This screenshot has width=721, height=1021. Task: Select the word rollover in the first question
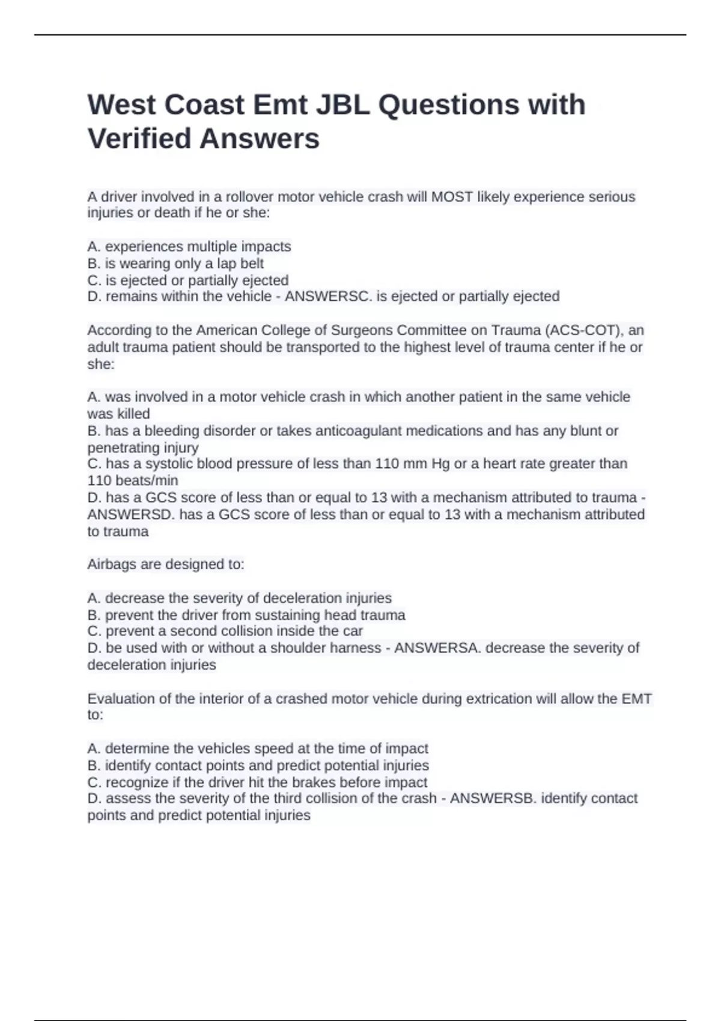tap(249, 197)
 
